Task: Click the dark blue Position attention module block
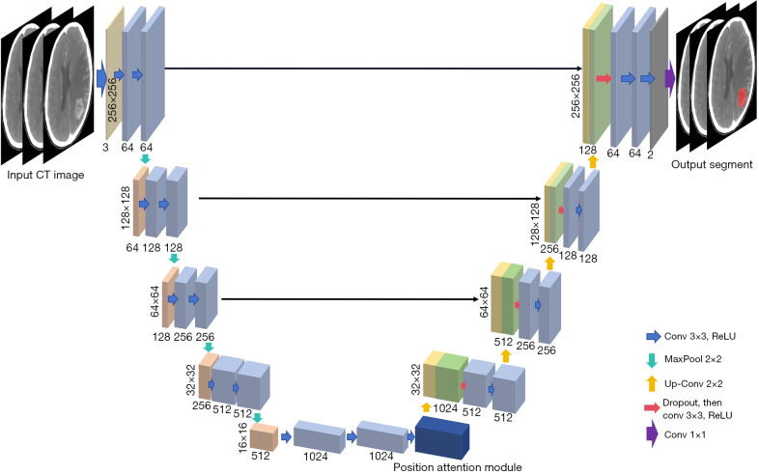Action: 442,438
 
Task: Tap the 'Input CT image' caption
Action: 45,175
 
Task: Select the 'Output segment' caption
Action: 712,165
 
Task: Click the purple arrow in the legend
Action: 652,433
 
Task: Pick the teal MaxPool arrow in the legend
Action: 652,360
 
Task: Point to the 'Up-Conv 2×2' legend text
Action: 693,384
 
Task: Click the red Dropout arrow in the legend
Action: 652,407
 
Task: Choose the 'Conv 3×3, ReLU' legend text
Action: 699,336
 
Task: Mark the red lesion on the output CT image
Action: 742,97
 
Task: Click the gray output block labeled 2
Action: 659,77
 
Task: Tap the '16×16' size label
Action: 242,437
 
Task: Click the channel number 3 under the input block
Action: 105,147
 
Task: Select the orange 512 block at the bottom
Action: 264,437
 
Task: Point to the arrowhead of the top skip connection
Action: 579,69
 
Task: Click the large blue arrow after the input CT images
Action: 101,77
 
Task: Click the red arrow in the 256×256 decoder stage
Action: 604,78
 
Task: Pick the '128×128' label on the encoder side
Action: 126,208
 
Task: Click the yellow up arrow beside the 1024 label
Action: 426,406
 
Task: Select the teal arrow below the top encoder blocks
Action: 145,159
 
